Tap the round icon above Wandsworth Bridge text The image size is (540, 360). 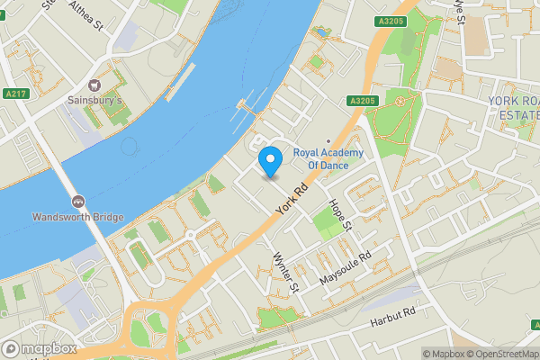(77, 201)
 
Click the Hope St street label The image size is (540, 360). (340, 212)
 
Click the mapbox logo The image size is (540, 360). (39, 348)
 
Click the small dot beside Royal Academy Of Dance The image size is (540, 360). (328, 139)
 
